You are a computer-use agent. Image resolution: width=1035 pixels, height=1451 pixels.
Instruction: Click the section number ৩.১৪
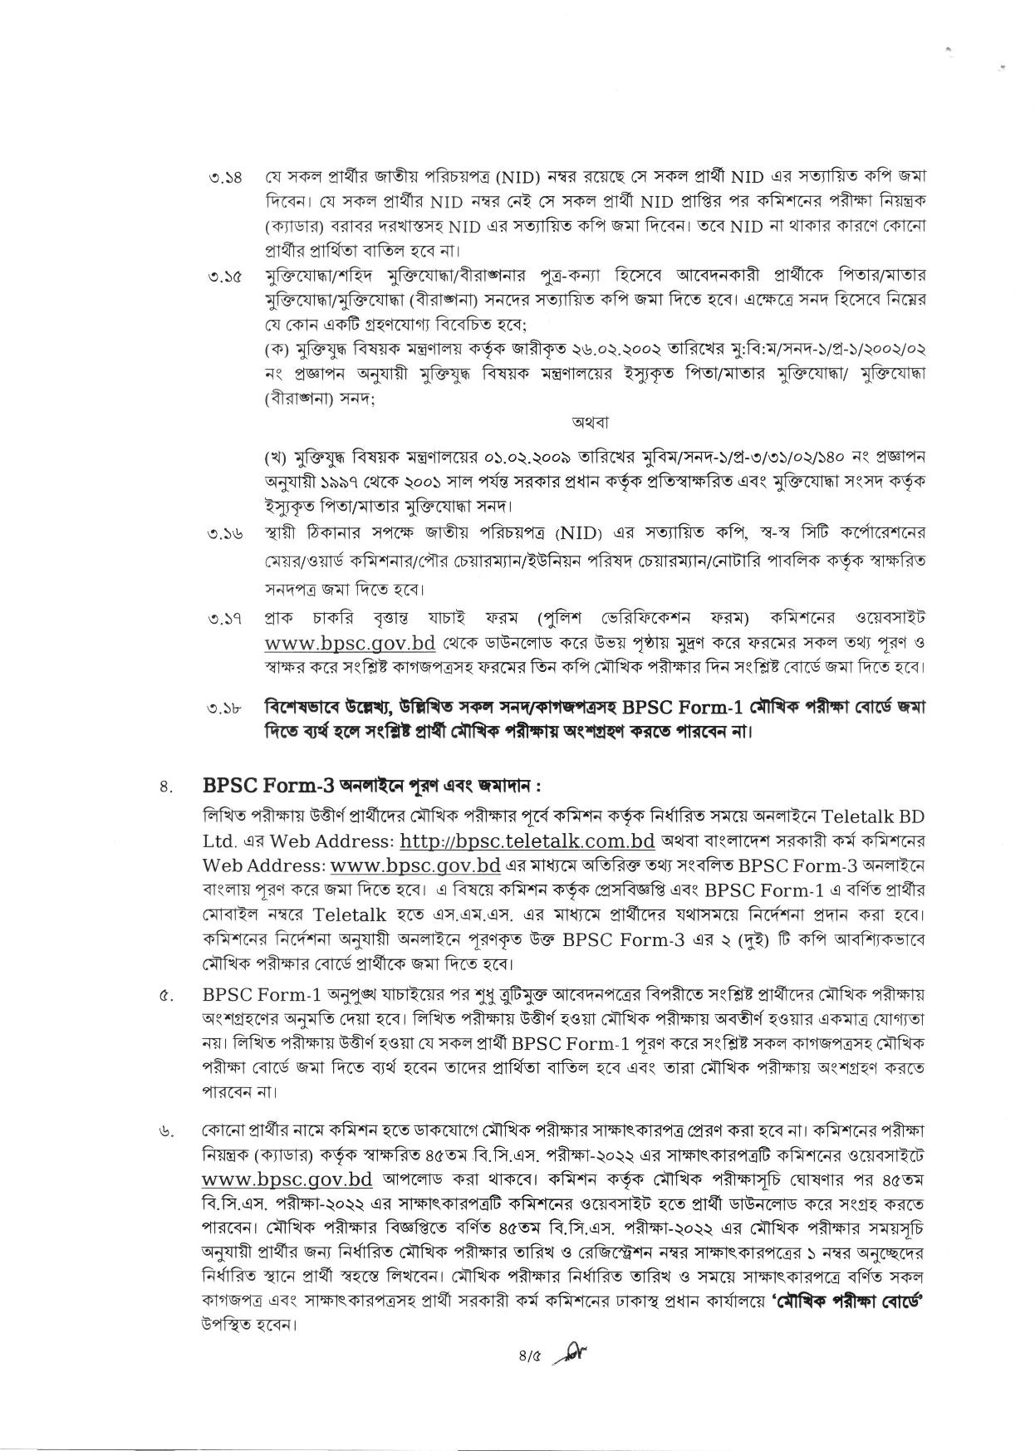[225, 179]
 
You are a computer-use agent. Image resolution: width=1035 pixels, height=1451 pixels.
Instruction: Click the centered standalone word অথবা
[591, 423]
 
